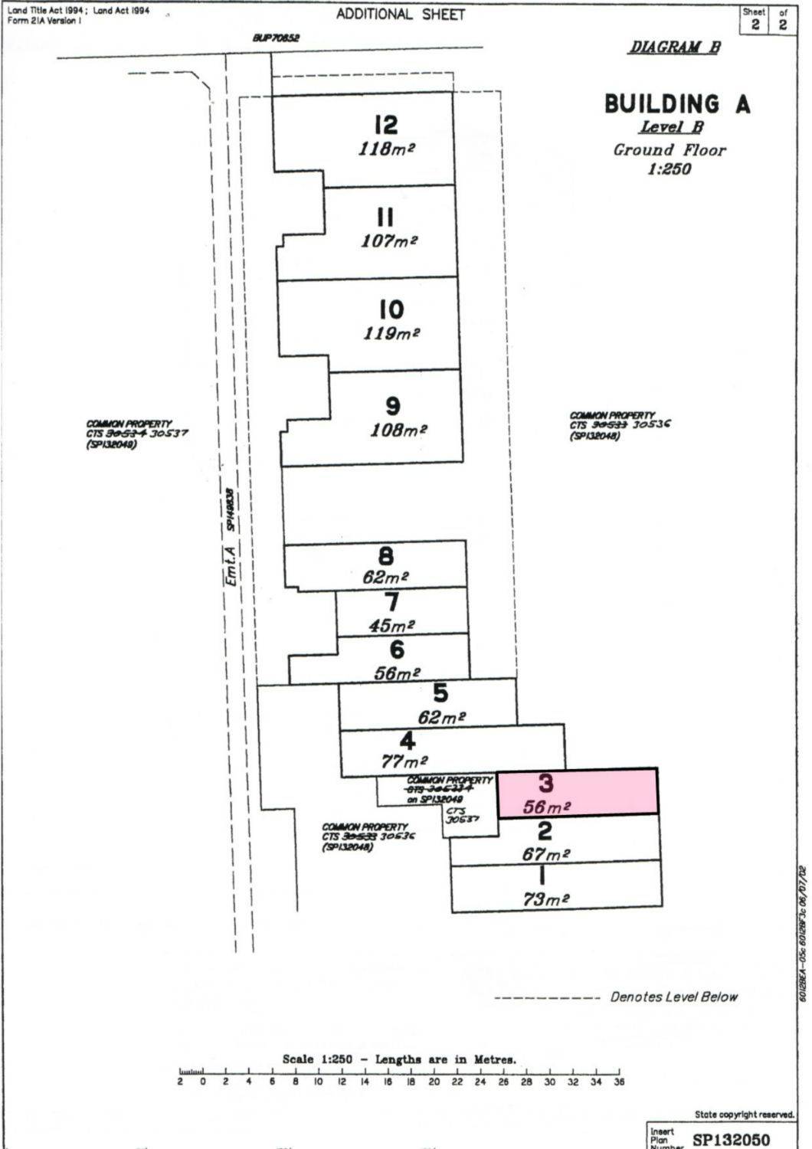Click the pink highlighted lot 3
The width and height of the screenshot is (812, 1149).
pos(578,793)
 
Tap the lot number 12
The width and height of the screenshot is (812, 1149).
pos(386,125)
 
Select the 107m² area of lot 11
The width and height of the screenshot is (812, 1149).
pos(389,241)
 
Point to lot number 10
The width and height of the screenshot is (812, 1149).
pos(391,309)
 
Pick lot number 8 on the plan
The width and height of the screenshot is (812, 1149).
pos(386,556)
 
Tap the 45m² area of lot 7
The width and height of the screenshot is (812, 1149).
pos(391,625)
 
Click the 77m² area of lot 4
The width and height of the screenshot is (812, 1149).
pos(404,761)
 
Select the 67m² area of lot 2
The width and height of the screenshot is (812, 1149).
pos(545,854)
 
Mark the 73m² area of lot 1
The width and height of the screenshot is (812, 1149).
pos(545,899)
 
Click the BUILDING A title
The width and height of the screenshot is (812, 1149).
pos(677,104)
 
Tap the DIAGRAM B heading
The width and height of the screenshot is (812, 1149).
pos(675,47)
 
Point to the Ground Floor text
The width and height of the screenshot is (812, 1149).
pos(669,150)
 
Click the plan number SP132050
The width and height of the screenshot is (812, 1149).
pos(731,1140)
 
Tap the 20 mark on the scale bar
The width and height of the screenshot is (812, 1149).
pos(434,1082)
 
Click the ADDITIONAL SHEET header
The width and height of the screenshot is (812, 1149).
pos(401,15)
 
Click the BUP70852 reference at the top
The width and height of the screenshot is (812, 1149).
pos(277,38)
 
